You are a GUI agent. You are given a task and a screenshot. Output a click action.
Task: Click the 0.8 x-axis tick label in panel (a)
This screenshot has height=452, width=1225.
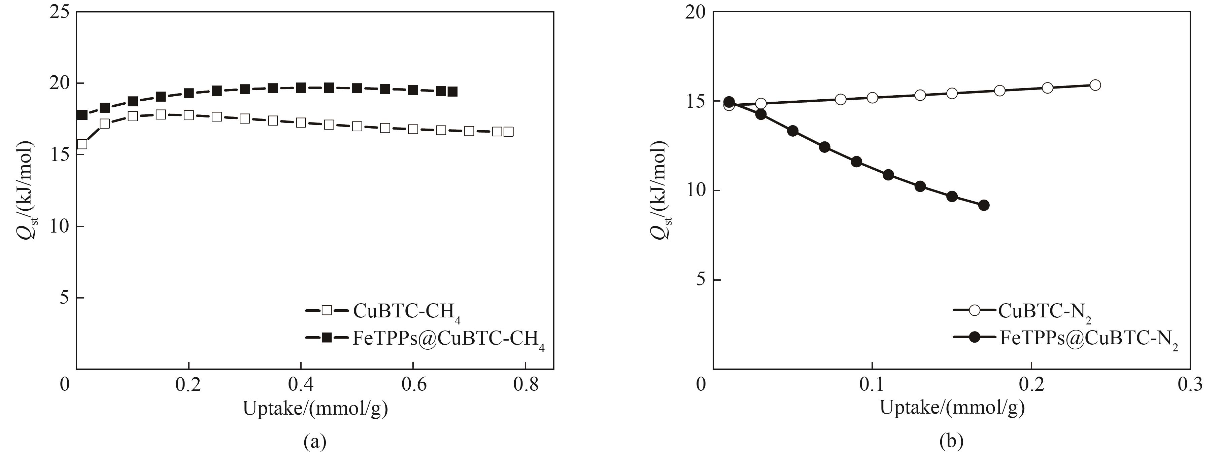[x=526, y=384]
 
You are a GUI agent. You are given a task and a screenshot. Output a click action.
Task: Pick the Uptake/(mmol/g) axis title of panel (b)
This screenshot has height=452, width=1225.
[x=952, y=408]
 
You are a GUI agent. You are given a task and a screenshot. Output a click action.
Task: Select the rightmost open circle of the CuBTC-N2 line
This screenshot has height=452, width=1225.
[x=1095, y=85]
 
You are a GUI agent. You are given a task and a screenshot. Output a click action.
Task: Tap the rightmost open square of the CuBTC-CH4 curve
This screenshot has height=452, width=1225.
[x=508, y=132]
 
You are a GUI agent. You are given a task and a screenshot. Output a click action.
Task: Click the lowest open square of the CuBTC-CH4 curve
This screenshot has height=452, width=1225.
[x=82, y=144]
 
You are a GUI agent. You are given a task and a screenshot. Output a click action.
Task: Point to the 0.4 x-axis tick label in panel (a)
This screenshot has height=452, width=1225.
[x=301, y=384]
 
